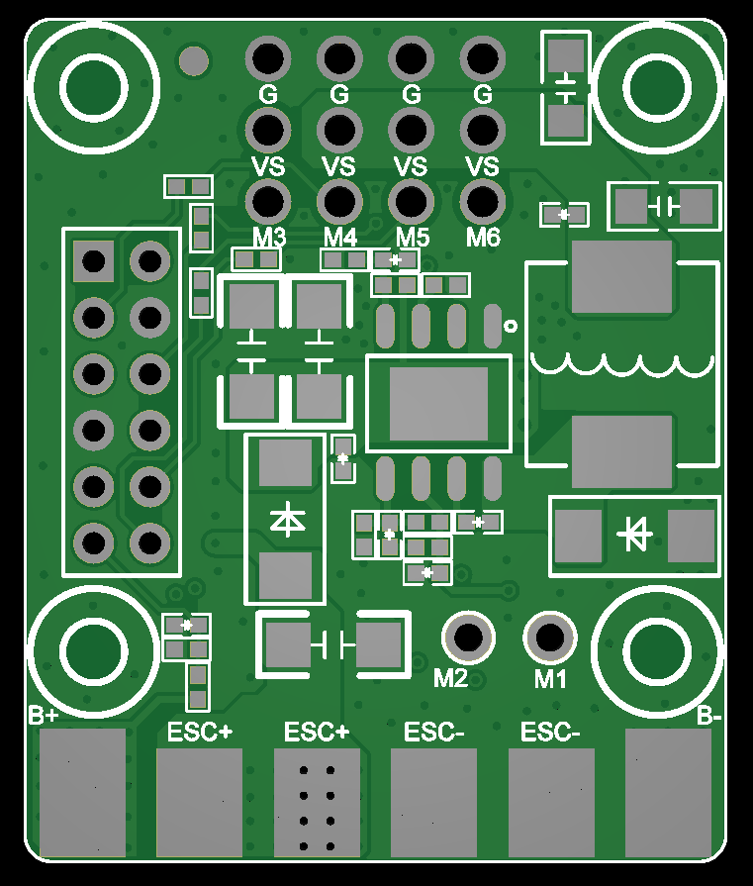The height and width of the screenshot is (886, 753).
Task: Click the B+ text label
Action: pyautogui.click(x=44, y=715)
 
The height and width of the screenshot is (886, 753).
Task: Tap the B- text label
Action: pyautogui.click(x=708, y=715)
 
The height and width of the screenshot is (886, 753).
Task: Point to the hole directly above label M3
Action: pyautogui.click(x=268, y=201)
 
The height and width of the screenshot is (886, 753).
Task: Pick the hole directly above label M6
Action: pyautogui.click(x=483, y=201)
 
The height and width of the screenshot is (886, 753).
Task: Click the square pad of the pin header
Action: pyautogui.click(x=94, y=261)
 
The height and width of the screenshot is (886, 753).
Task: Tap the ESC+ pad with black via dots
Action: pyautogui.click(x=317, y=802)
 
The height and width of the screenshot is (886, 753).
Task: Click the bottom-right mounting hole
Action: pyautogui.click(x=657, y=650)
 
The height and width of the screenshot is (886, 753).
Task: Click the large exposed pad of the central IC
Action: pyautogui.click(x=438, y=403)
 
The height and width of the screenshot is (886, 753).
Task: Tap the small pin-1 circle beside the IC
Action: pyautogui.click(x=511, y=326)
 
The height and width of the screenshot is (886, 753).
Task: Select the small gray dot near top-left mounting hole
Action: pyautogui.click(x=194, y=62)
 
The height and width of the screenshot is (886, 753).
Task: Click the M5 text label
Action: pyautogui.click(x=413, y=239)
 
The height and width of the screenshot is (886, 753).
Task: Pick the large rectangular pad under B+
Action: pyautogui.click(x=83, y=792)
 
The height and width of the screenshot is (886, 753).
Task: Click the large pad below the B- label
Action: pyautogui.click(x=669, y=792)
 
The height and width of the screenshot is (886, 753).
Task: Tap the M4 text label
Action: pyautogui.click(x=340, y=239)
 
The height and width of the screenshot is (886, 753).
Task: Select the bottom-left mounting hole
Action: pyautogui.click(x=95, y=650)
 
